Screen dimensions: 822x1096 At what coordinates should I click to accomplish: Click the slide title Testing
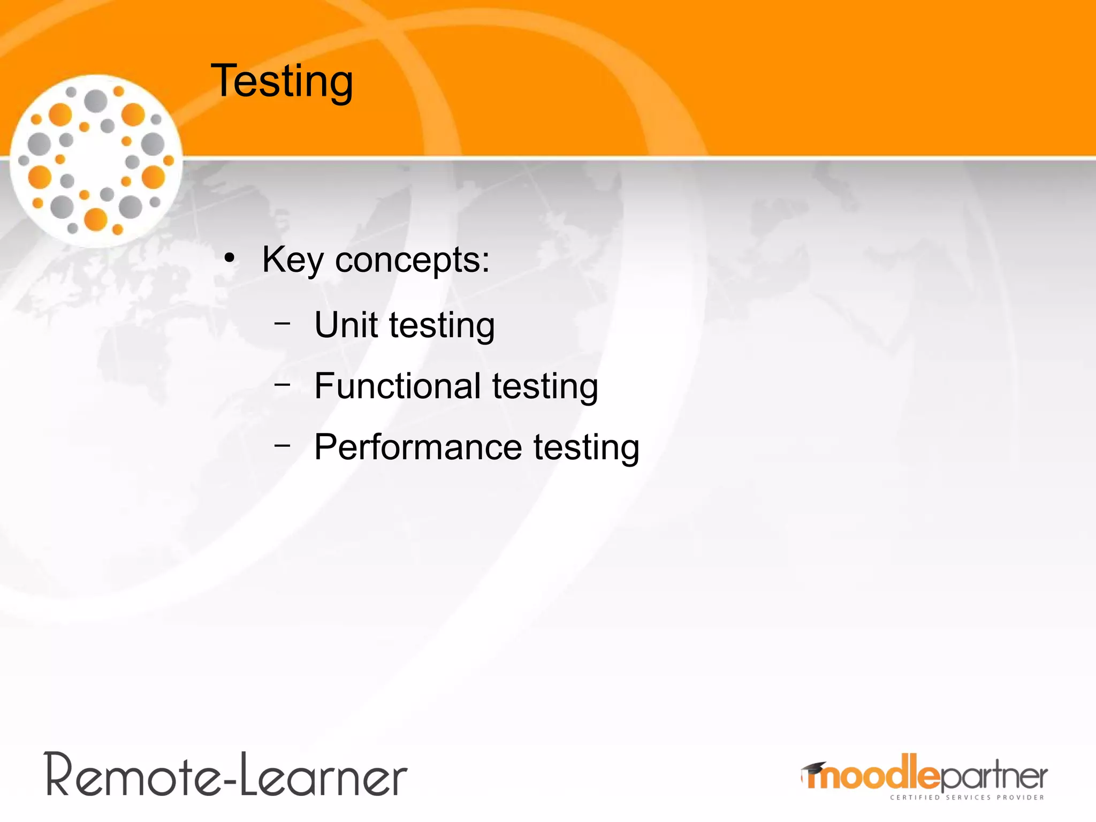tap(282, 81)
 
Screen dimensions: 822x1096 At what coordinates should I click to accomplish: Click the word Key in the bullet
tap(292, 261)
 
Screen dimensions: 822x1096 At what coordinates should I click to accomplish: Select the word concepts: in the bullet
tap(412, 261)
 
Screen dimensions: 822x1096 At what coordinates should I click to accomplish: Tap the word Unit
tap(346, 325)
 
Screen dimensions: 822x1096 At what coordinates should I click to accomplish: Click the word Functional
tap(397, 386)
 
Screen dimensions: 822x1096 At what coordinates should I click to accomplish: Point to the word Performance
tap(417, 447)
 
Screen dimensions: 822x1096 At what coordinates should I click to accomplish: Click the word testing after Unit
tap(442, 326)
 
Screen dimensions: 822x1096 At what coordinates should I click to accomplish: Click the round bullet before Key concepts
tap(230, 258)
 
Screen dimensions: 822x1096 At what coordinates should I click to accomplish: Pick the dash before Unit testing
tap(282, 323)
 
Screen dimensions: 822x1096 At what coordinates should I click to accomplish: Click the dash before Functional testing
tap(282, 384)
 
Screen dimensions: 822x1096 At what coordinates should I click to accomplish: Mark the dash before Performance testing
tap(282, 445)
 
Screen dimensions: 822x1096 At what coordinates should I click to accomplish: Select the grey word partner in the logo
tap(993, 776)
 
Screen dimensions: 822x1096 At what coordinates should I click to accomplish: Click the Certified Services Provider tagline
tap(966, 797)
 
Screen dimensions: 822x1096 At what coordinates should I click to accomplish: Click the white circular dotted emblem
tap(96, 161)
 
